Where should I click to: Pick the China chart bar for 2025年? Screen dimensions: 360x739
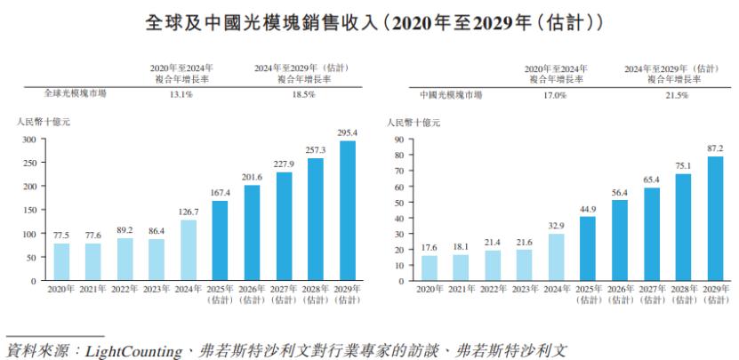[x=588, y=249]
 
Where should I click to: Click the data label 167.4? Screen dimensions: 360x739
[x=220, y=192]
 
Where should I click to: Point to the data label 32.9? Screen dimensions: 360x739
[x=556, y=226]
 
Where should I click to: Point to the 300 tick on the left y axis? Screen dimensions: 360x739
[x=28, y=140]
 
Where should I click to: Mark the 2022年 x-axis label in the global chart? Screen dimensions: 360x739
[x=125, y=290]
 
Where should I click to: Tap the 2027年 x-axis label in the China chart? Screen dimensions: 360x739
[x=651, y=290]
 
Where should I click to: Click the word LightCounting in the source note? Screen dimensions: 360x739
[x=131, y=349]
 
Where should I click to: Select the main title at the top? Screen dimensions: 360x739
[x=369, y=20]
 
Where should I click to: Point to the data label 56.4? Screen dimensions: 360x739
[x=619, y=192]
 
